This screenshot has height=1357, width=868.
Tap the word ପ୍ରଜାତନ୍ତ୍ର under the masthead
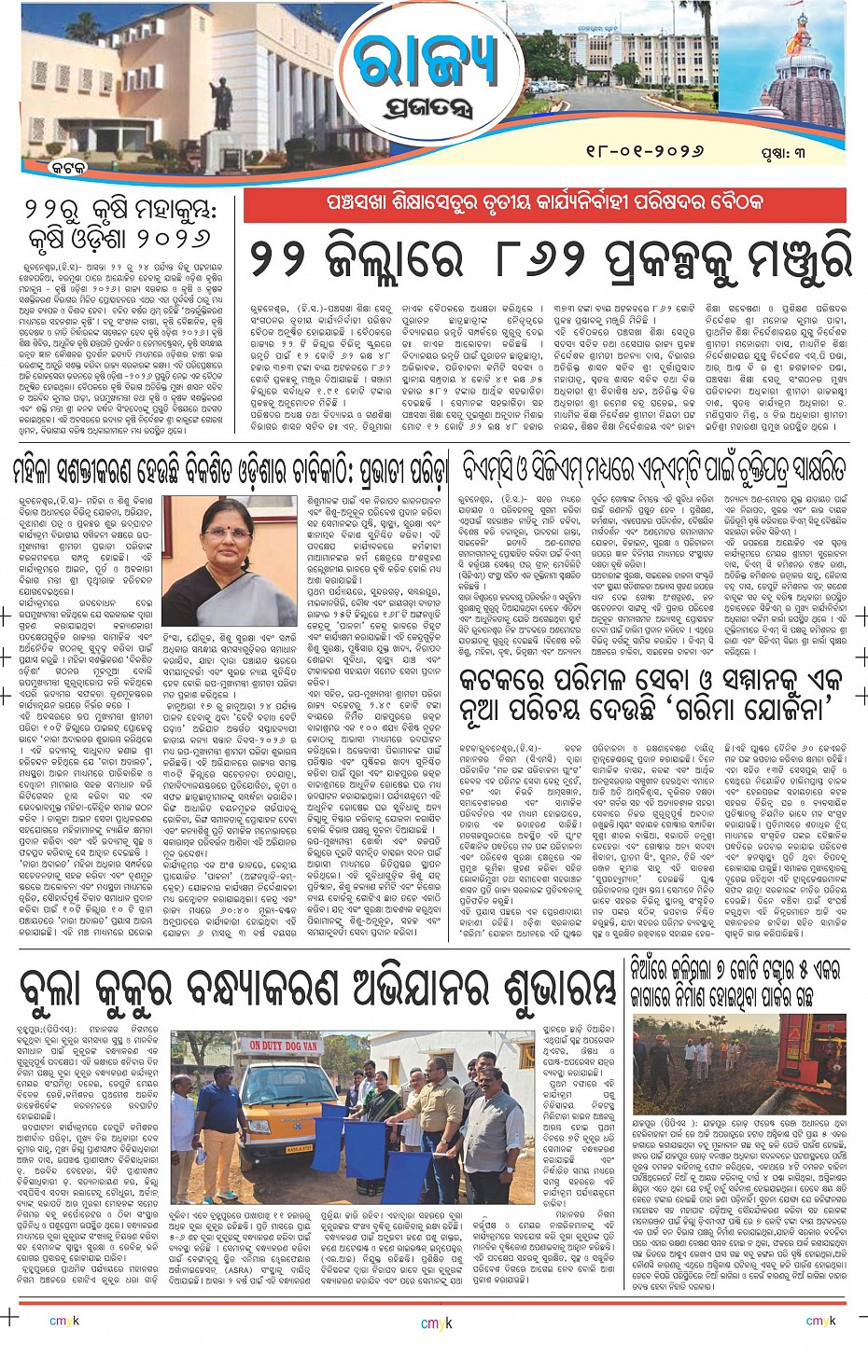[427, 111]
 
